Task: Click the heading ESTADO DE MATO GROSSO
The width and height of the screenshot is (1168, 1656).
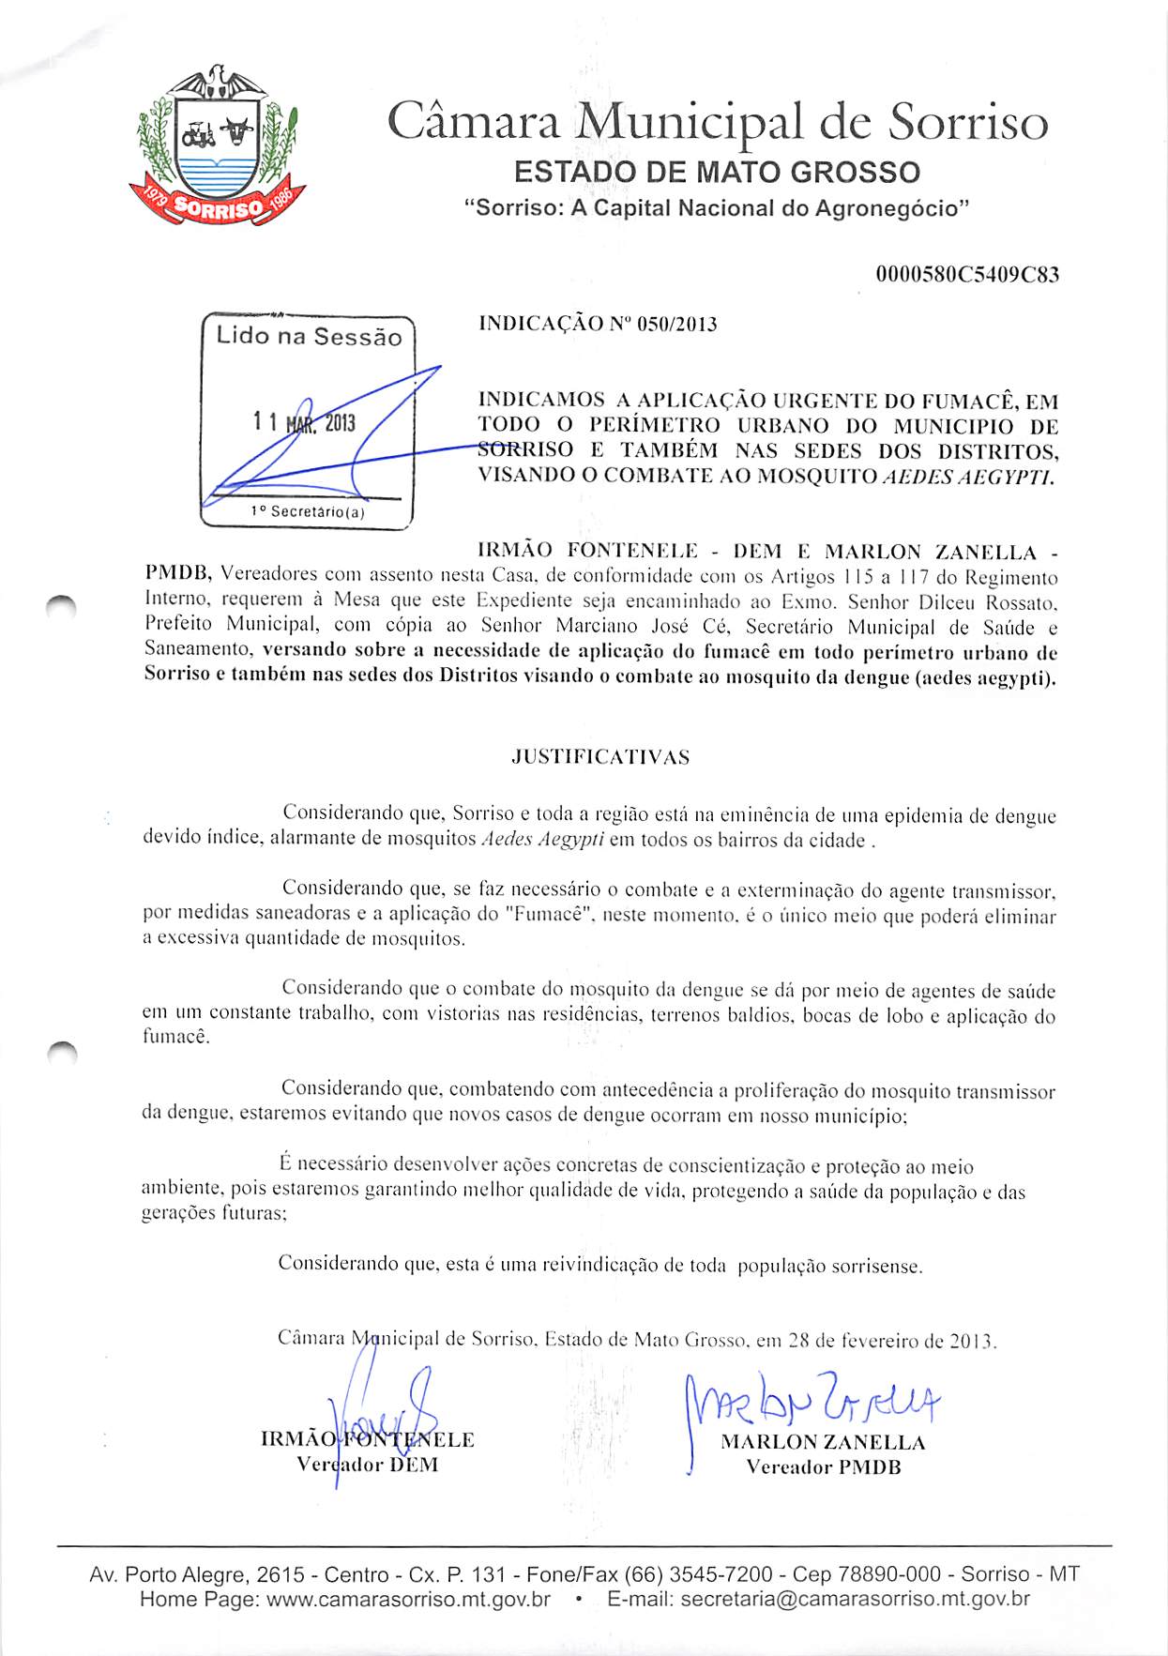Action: pos(717,173)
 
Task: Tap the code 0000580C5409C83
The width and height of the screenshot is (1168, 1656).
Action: pos(967,275)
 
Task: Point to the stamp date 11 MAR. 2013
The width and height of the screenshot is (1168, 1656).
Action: pos(304,422)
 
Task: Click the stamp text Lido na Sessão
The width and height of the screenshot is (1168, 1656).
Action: pos(309,336)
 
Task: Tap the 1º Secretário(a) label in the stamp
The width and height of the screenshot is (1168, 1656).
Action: pos(308,511)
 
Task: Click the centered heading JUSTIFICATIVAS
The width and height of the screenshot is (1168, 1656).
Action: pos(600,757)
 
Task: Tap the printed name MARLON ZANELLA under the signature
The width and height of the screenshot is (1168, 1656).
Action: pos(823,1442)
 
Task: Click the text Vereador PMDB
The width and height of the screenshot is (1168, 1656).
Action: pos(823,1466)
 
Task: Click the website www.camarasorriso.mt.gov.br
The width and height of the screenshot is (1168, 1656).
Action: pos(408,1599)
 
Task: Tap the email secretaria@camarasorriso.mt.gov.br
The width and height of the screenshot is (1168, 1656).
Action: pos(855,1599)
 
